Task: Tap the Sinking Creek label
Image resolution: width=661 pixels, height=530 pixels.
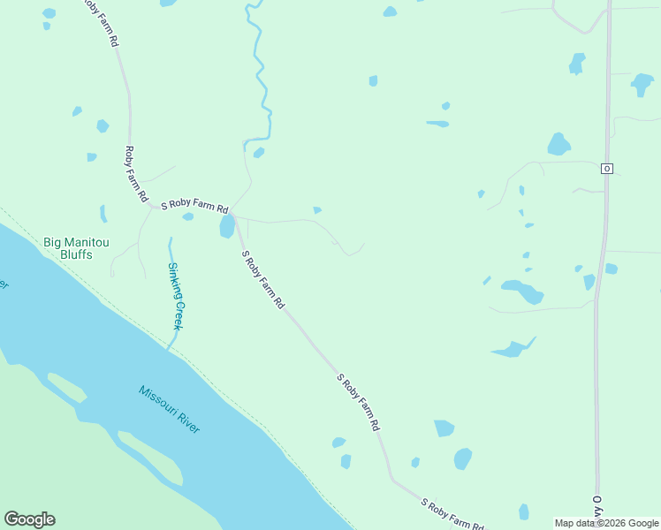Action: click(x=177, y=295)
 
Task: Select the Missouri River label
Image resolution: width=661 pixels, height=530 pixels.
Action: click(x=169, y=408)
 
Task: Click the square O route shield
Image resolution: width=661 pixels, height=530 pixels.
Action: click(x=606, y=168)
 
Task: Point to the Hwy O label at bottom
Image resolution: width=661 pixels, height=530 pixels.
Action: click(x=597, y=510)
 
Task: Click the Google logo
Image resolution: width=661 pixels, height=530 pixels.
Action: click(x=29, y=519)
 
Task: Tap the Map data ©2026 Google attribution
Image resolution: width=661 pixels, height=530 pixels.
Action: click(x=606, y=523)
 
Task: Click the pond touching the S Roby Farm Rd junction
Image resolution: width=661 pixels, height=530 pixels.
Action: click(x=227, y=226)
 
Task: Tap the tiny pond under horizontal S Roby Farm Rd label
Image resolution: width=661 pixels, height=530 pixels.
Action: click(x=188, y=216)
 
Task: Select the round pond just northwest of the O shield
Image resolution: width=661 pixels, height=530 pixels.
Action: click(x=558, y=144)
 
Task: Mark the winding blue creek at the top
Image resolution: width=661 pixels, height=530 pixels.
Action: click(x=259, y=71)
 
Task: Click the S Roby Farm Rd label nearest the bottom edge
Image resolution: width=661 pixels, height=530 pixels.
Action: click(x=452, y=513)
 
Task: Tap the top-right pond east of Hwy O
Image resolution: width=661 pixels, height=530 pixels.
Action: click(x=642, y=84)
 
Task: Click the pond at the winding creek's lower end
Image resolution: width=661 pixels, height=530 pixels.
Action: click(x=259, y=153)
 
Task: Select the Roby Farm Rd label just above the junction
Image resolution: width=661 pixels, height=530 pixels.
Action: click(x=135, y=175)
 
